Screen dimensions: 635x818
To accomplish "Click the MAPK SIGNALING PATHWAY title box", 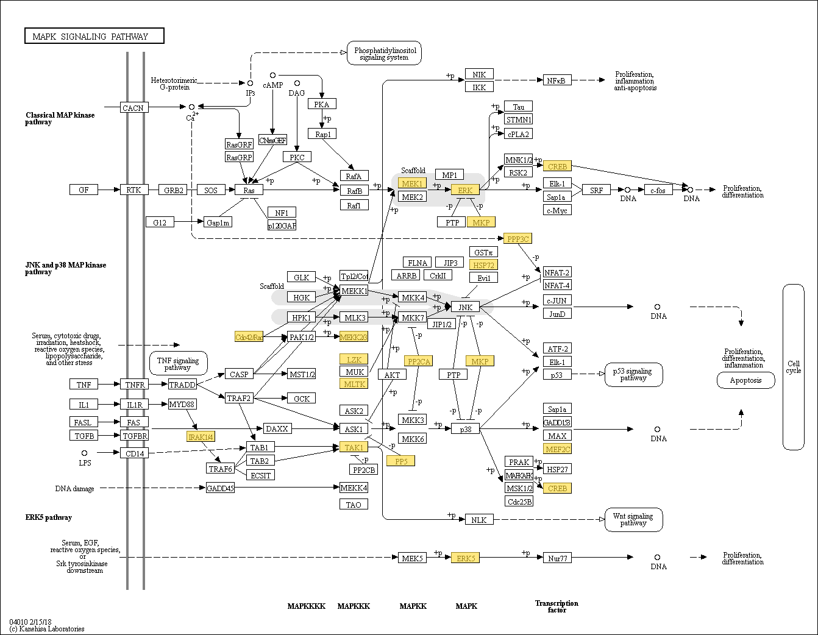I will [x=94, y=36].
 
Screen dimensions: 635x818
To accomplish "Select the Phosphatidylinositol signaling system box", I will [x=384, y=54].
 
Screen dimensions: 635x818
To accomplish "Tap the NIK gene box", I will [x=479, y=74].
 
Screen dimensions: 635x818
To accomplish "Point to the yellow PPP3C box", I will [x=517, y=239].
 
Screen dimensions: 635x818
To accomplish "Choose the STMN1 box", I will [x=518, y=120].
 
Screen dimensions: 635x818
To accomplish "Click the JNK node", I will [x=465, y=307].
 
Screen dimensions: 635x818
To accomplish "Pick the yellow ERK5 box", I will [x=465, y=558].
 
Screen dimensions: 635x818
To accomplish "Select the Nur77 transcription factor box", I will [x=557, y=558].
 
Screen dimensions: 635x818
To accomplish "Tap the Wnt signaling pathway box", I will [x=633, y=519].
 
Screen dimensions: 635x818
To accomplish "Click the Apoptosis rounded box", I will [x=745, y=380].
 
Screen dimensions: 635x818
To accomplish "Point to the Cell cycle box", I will [x=793, y=367].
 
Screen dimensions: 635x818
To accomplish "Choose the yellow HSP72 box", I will [x=483, y=265].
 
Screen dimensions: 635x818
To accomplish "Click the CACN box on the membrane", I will [x=133, y=108].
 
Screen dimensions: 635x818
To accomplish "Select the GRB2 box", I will [x=173, y=190].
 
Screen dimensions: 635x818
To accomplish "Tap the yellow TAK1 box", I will [x=354, y=447].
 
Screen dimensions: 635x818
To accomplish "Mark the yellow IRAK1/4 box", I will [x=201, y=436].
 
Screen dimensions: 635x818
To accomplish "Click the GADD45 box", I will [x=220, y=488].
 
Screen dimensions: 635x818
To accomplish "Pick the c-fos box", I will [x=658, y=190].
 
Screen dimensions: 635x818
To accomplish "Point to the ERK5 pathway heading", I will [x=49, y=517].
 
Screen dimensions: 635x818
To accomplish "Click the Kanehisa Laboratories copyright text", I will [x=47, y=628].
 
